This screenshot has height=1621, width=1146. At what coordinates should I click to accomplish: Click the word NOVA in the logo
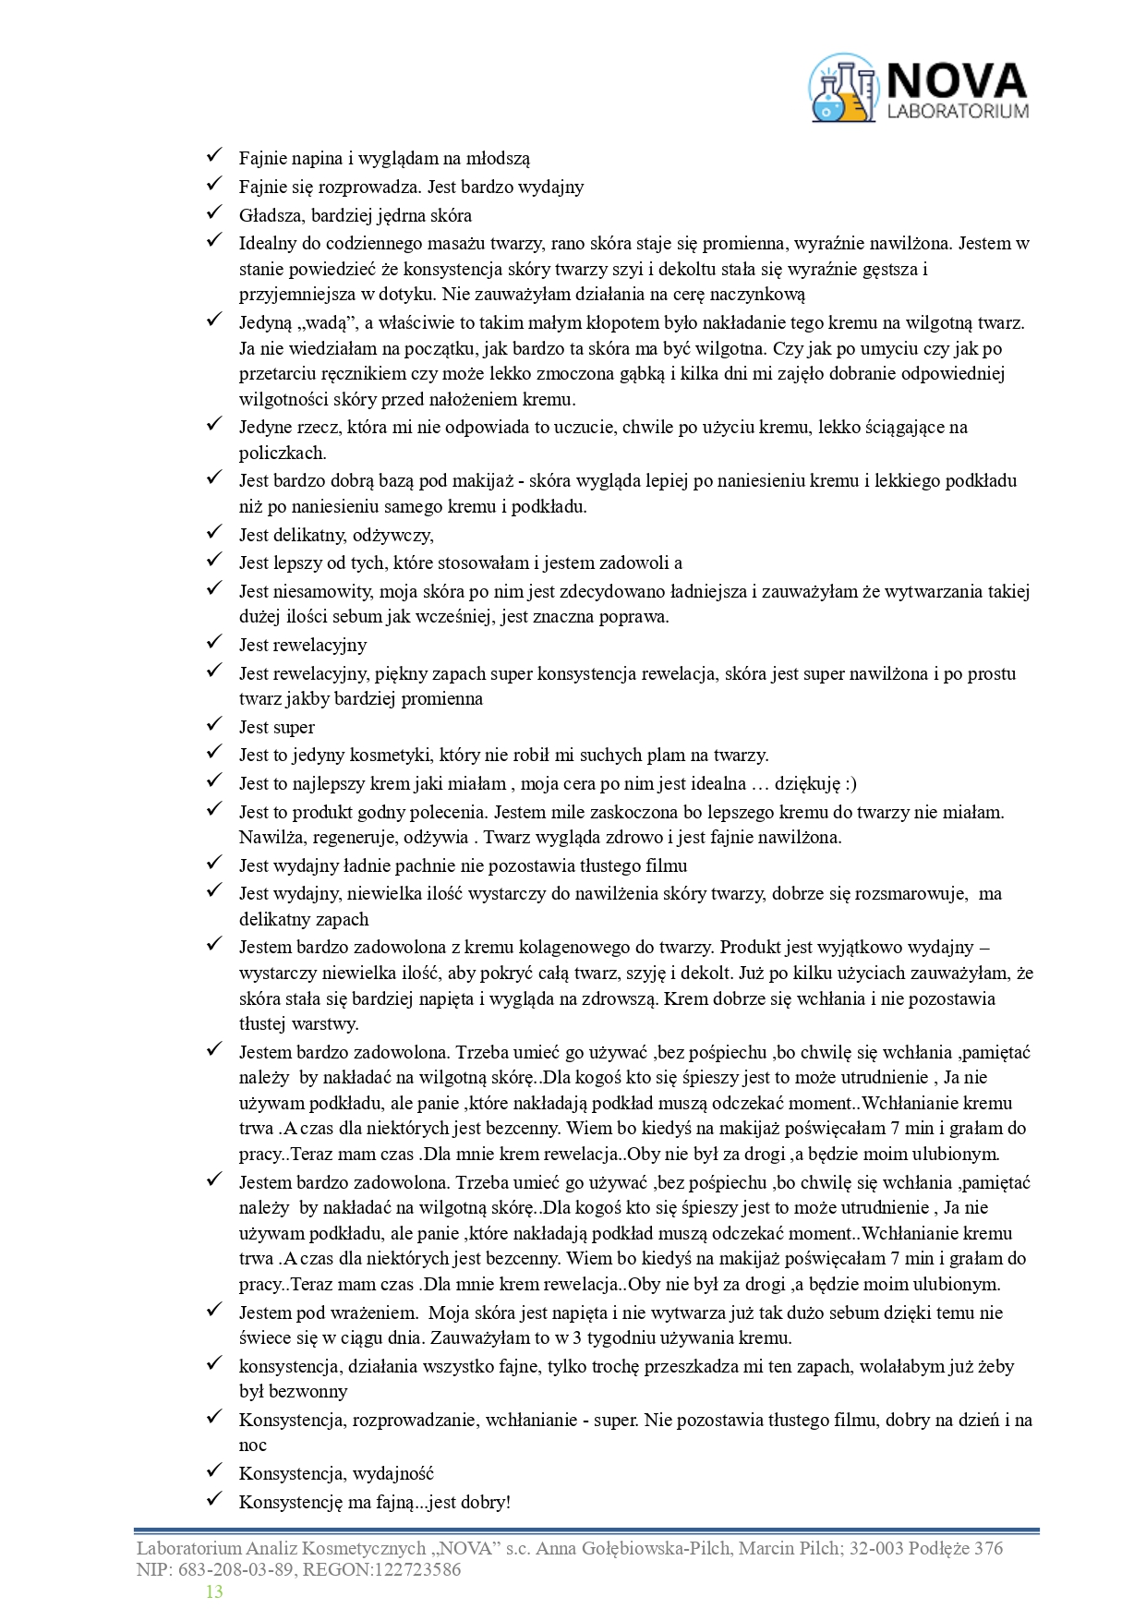pyautogui.click(x=957, y=81)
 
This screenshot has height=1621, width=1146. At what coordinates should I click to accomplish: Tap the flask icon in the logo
pyautogui.click(x=842, y=90)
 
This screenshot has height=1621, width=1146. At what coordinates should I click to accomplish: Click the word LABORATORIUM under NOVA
pyautogui.click(x=957, y=112)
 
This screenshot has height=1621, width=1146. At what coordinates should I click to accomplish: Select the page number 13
pyautogui.click(x=214, y=1591)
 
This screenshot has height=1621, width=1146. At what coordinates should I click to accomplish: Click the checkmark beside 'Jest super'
pyautogui.click(x=215, y=725)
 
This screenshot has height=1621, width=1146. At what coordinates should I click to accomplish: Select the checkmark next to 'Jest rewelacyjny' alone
pyautogui.click(x=215, y=643)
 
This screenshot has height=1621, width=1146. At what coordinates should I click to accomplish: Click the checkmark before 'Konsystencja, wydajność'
pyautogui.click(x=215, y=1471)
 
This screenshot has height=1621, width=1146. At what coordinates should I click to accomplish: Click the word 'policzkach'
pyautogui.click(x=283, y=453)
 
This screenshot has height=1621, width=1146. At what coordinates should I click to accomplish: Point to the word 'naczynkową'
pyautogui.click(x=759, y=295)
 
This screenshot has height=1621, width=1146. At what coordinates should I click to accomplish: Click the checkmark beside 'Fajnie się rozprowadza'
pyautogui.click(x=215, y=186)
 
